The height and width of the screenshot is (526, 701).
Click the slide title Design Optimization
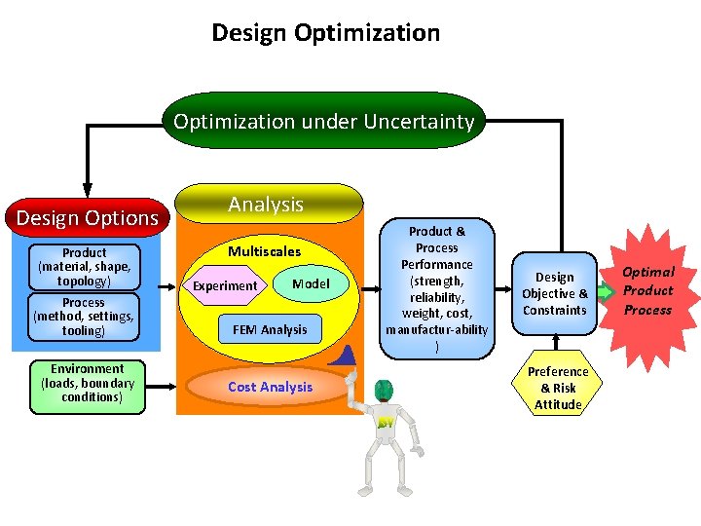click(x=326, y=33)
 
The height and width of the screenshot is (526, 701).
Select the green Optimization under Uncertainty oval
click(x=324, y=122)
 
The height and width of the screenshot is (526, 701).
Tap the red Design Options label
click(x=88, y=217)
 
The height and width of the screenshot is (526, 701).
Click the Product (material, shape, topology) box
click(x=85, y=267)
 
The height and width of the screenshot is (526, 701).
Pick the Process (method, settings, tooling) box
click(x=84, y=317)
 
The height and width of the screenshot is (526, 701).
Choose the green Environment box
click(x=88, y=384)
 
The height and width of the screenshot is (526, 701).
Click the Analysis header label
click(x=266, y=205)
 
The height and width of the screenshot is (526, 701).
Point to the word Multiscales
click(x=265, y=252)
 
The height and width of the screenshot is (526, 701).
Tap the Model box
click(x=311, y=283)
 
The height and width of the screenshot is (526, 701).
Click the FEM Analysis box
click(x=270, y=329)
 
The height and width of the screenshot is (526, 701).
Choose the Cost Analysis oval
click(x=271, y=388)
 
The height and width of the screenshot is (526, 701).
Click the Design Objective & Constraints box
click(x=555, y=293)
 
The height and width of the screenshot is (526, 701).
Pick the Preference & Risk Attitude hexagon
click(x=558, y=388)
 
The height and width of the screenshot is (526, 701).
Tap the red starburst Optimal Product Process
click(x=648, y=290)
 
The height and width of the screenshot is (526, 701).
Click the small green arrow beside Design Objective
click(x=605, y=291)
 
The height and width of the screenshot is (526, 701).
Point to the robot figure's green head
click(x=384, y=390)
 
